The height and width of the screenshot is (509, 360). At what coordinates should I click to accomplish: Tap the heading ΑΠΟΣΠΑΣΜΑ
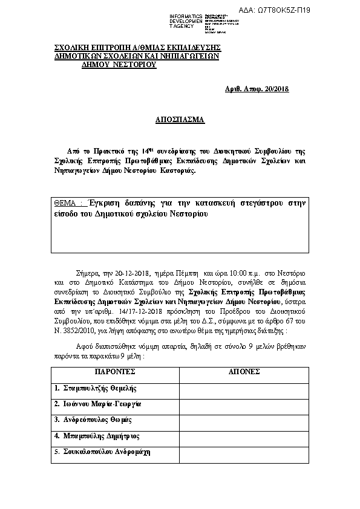point(180,120)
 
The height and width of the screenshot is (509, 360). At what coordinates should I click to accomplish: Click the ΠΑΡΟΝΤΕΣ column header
point(114,371)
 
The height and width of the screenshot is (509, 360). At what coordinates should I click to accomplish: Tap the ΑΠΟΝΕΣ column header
point(244,371)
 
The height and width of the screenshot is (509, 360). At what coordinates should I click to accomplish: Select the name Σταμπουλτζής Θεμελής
point(96,387)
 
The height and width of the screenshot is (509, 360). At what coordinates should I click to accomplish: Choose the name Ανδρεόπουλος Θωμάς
point(93,420)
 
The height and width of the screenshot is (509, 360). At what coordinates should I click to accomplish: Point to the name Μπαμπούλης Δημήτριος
point(97,436)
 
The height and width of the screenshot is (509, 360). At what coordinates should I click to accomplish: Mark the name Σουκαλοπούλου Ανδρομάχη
point(102,452)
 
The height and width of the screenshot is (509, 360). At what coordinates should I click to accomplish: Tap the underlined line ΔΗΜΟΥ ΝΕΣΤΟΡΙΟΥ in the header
point(119,65)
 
